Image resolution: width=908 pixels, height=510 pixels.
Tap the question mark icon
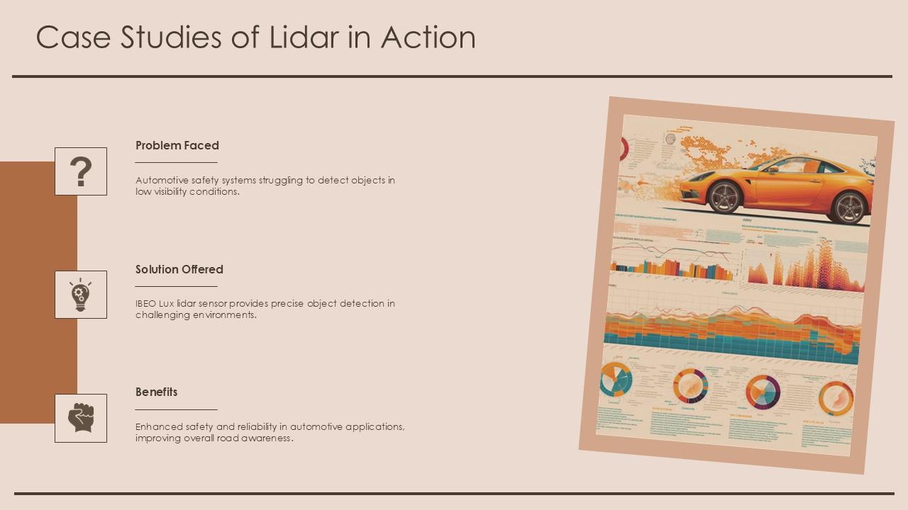click(x=81, y=171)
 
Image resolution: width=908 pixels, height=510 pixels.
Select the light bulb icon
click(x=81, y=295)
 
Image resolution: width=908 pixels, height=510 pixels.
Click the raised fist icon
click(x=81, y=418)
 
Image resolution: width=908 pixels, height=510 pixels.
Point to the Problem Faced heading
click(x=177, y=145)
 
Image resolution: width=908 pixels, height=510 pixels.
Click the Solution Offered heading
click(x=179, y=269)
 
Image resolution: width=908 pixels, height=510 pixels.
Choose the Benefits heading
click(x=157, y=392)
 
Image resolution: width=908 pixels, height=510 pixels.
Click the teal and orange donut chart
click(x=615, y=379)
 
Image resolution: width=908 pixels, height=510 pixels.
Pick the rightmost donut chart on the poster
click(x=836, y=398)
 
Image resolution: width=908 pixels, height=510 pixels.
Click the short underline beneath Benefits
click(x=176, y=409)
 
